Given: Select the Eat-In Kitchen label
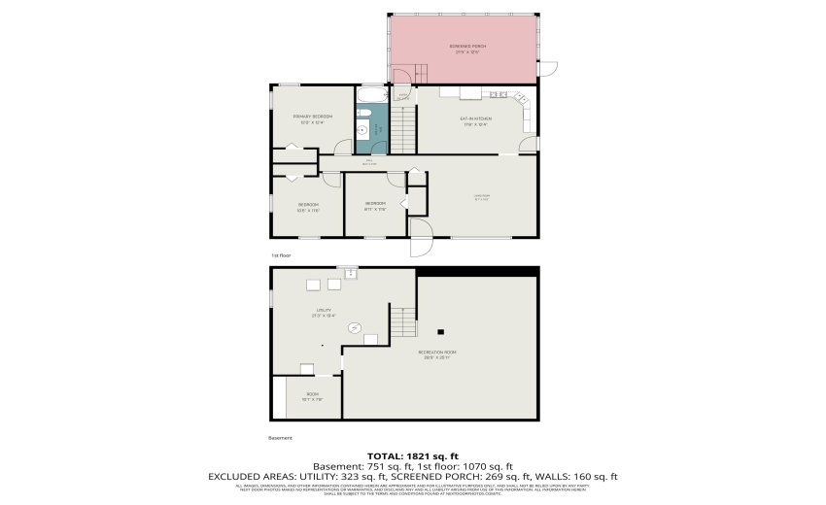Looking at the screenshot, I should pyautogui.click(x=473, y=121).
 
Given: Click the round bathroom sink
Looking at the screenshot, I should pyautogui.click(x=362, y=129).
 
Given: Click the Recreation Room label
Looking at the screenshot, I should pyautogui.click(x=436, y=353).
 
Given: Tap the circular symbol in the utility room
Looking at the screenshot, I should pyautogui.click(x=355, y=328).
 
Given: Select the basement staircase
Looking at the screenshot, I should pyautogui.click(x=401, y=320).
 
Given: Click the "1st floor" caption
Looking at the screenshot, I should pyautogui.click(x=281, y=255).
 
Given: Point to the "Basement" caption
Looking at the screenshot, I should pyautogui.click(x=280, y=438).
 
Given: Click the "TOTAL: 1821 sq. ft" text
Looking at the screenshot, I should pyautogui.click(x=412, y=456).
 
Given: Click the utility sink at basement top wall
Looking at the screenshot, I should pyautogui.click(x=347, y=274).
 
